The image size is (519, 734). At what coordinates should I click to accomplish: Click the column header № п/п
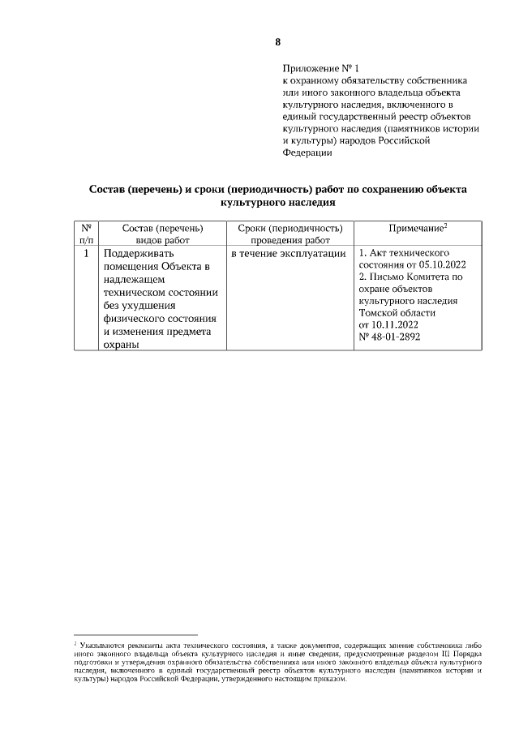(86, 234)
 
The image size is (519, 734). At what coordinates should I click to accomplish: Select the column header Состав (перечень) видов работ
(162, 234)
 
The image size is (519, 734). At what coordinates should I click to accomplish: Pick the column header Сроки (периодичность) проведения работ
(290, 234)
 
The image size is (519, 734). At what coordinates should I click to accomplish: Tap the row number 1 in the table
(86, 254)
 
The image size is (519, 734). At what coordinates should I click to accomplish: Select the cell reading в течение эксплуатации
(289, 254)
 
